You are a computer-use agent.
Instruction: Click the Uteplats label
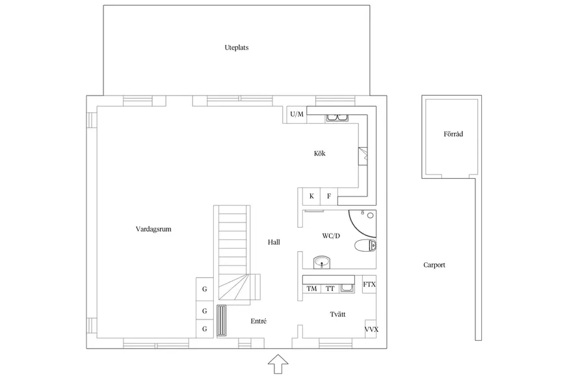pos(237,47)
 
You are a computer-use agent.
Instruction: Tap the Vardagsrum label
pos(153,229)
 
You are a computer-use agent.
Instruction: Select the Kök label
pos(320,154)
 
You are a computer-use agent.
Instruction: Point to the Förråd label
pos(453,134)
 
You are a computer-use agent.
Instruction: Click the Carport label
pos(434,265)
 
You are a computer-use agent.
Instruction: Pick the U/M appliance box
pos(297,115)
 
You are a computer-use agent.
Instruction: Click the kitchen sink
pos(337,118)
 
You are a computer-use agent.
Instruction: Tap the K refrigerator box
pos(311,196)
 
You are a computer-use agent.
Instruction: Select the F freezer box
pos(329,196)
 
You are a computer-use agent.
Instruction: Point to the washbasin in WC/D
pos(321,262)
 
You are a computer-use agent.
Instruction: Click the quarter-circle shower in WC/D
pos(362,222)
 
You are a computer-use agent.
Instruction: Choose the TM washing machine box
pos(311,289)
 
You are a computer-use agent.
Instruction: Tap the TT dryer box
pos(330,289)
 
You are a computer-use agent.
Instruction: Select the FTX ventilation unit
pos(369,284)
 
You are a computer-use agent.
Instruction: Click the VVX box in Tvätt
pos(371,329)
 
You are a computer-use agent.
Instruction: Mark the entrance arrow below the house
pos(278,364)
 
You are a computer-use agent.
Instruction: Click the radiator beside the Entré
pos(221,321)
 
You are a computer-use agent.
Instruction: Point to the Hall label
pos(274,242)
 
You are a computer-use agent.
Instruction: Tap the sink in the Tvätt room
pos(347,288)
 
